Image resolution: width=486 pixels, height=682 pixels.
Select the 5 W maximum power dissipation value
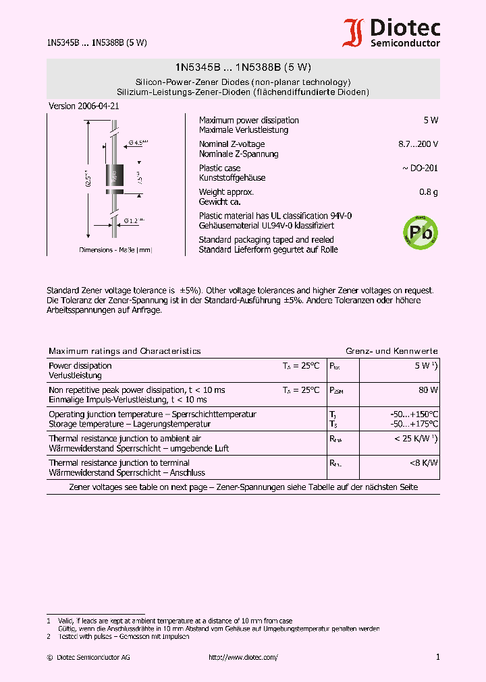(431, 120)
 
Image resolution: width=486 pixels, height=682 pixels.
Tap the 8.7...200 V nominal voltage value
(418, 144)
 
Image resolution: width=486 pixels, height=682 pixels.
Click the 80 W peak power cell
(428, 390)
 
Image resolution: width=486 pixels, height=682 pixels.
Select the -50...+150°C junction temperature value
(414, 414)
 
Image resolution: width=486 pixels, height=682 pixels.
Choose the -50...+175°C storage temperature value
(414, 424)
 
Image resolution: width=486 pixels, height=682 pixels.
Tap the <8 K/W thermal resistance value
(423, 463)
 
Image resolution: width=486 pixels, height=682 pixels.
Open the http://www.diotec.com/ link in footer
(243, 657)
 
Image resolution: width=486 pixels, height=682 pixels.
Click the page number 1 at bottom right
(437, 657)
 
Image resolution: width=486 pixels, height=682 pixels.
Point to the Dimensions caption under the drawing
(115, 250)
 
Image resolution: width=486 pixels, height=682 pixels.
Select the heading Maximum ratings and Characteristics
(125, 351)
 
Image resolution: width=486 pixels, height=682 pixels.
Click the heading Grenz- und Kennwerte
(391, 351)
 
